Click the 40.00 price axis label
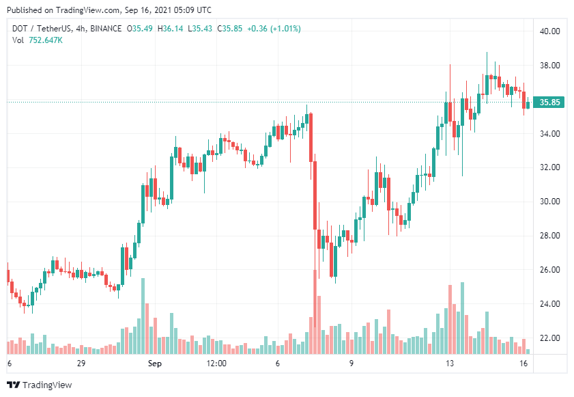pyautogui.click(x=549, y=31)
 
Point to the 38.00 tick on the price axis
pyautogui.click(x=549, y=66)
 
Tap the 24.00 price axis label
pyautogui.click(x=549, y=304)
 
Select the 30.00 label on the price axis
pyautogui.click(x=549, y=202)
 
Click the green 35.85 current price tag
pyautogui.click(x=549, y=102)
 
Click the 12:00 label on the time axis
pyautogui.click(x=216, y=364)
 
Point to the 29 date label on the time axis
pyautogui.click(x=81, y=364)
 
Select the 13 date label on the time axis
pyautogui.click(x=449, y=364)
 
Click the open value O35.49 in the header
pyautogui.click(x=139, y=29)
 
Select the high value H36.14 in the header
pyautogui.click(x=171, y=29)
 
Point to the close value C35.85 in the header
pyautogui.click(x=229, y=29)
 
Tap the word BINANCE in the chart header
pyautogui.click(x=102, y=29)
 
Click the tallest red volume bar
pyautogui.click(x=315, y=312)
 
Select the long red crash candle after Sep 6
pyautogui.click(x=315, y=195)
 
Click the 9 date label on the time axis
pyautogui.click(x=351, y=364)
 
